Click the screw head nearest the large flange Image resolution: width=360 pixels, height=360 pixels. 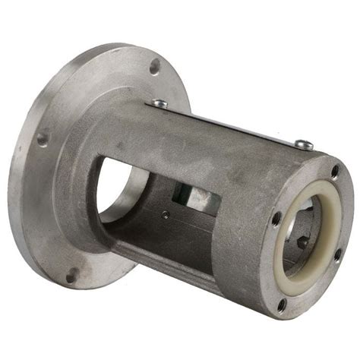(159, 103)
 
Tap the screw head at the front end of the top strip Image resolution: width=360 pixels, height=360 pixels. (303, 144)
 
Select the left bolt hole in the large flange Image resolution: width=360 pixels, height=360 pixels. (43, 139)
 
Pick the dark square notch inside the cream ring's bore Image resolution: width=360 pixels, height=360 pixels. (302, 243)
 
